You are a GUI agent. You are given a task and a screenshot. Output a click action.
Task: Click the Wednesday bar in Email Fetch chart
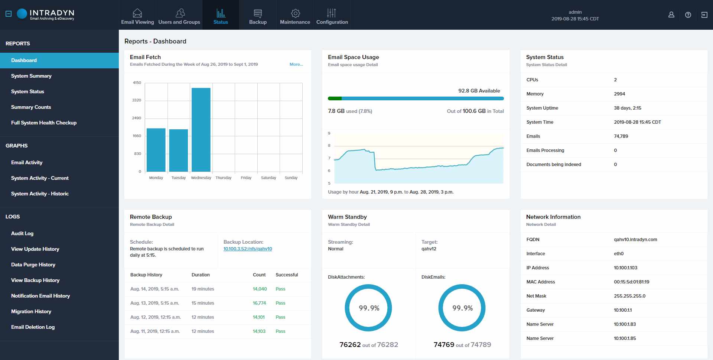201,130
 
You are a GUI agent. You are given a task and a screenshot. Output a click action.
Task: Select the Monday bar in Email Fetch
156,150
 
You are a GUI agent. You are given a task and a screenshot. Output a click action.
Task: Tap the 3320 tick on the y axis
137,100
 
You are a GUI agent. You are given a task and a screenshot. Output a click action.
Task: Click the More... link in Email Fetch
296,64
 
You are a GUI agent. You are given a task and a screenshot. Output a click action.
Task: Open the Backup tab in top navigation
258,17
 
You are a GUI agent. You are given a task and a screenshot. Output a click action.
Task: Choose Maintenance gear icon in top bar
295,13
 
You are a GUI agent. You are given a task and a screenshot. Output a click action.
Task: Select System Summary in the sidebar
31,76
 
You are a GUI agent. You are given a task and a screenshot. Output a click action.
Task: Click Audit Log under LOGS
22,233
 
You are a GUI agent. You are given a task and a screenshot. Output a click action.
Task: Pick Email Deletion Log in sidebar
33,327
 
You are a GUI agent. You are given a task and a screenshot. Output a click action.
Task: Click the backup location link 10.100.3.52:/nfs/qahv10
248,249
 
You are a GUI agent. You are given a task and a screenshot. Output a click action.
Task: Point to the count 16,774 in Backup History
259,303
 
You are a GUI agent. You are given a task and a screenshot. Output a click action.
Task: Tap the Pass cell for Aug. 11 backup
280,331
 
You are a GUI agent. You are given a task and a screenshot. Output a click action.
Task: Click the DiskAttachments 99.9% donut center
369,308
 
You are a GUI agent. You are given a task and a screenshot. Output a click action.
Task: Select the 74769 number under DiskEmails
444,345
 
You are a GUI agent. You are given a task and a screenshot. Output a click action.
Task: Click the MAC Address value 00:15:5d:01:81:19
631,282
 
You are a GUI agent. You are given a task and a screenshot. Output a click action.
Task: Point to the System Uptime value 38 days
627,108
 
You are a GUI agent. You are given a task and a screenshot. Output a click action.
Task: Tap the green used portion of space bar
335,98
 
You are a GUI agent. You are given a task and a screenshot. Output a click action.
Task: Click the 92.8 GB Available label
479,91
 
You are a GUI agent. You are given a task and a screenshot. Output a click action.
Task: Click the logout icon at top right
704,15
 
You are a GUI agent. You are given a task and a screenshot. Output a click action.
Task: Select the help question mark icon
688,15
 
